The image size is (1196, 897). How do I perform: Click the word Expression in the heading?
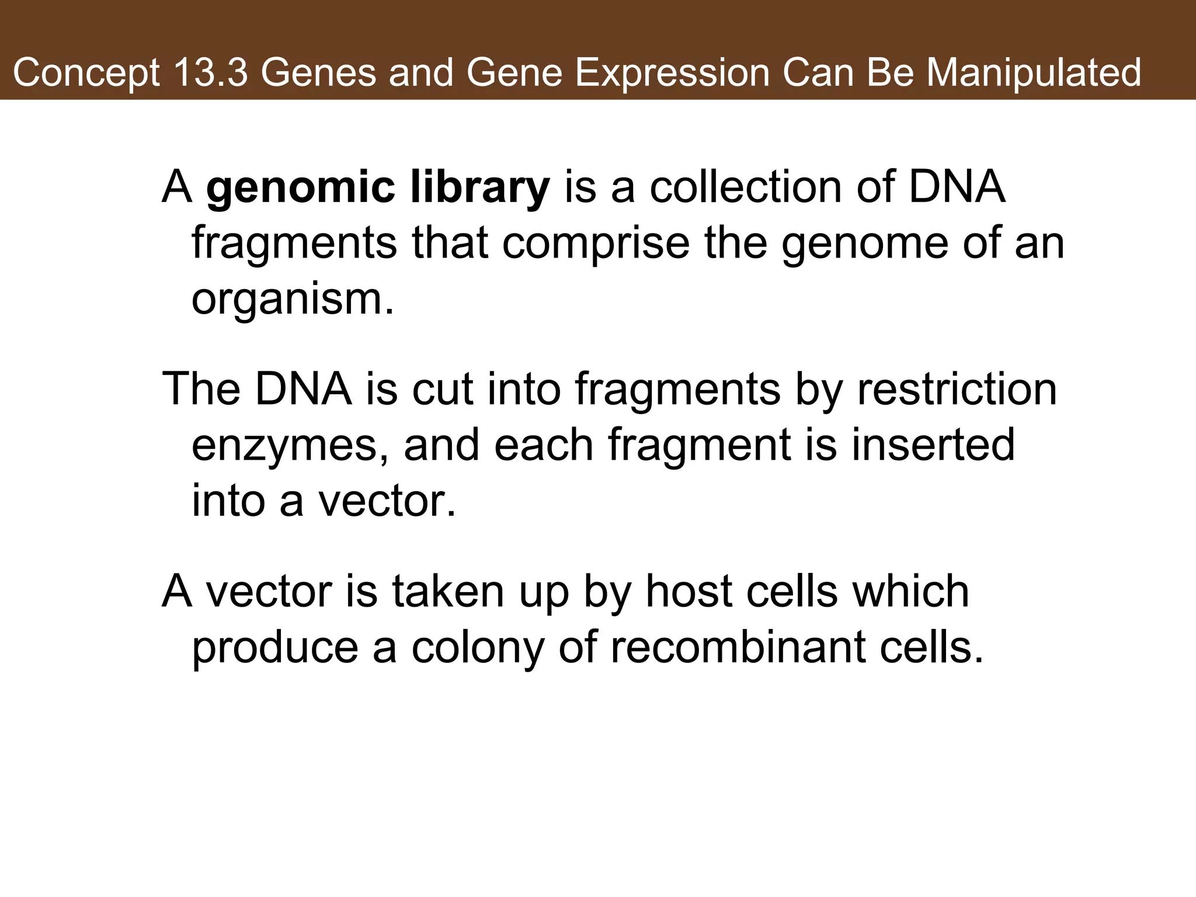672,73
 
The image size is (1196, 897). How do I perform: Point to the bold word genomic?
301,188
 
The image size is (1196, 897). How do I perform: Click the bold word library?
480,188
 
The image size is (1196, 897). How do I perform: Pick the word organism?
292,299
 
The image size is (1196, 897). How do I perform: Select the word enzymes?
290,445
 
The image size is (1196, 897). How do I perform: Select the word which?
911,591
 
